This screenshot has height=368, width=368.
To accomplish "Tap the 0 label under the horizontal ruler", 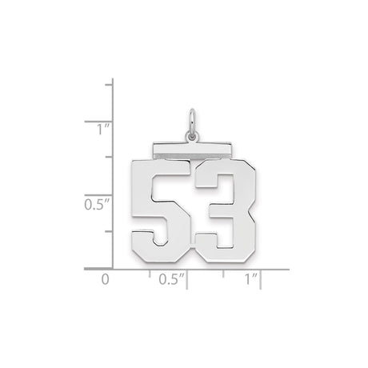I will click(104, 280).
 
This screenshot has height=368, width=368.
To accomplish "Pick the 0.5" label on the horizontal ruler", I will click(169, 280).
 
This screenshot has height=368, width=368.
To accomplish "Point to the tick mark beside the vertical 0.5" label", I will click(109, 196).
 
